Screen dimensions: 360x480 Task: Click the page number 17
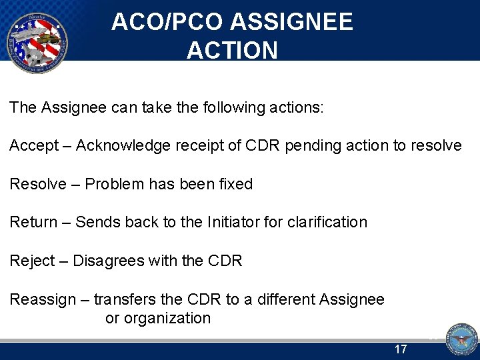click(x=401, y=349)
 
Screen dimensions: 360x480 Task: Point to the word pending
click(x=311, y=146)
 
